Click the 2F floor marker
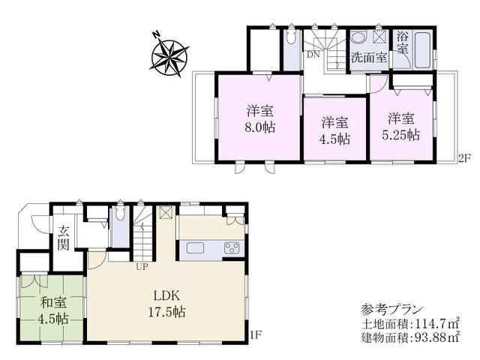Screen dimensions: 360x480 pyautogui.click(x=464, y=158)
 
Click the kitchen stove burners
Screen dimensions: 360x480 pyautogui.click(x=232, y=248)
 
